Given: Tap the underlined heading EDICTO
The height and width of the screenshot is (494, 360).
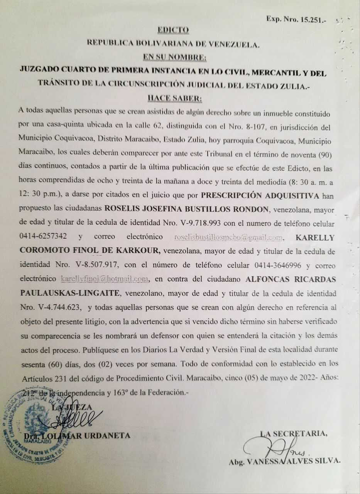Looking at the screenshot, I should point(173,30).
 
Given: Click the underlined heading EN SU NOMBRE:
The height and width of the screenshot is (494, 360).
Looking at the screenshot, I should point(174,58).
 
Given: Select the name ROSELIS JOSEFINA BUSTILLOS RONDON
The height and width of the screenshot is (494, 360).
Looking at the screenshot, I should point(186,210).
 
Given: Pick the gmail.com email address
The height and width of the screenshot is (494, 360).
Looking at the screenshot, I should point(228,237).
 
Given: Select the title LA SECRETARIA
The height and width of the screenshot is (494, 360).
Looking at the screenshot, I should point(294,433).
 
